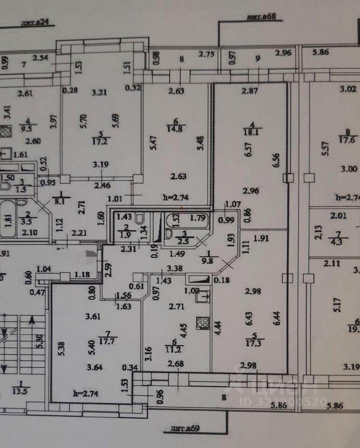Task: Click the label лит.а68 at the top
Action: pyautogui.click(x=262, y=18)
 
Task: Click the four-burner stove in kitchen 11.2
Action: pyautogui.click(x=202, y=322)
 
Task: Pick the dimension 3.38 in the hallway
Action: pyautogui.click(x=175, y=268)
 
